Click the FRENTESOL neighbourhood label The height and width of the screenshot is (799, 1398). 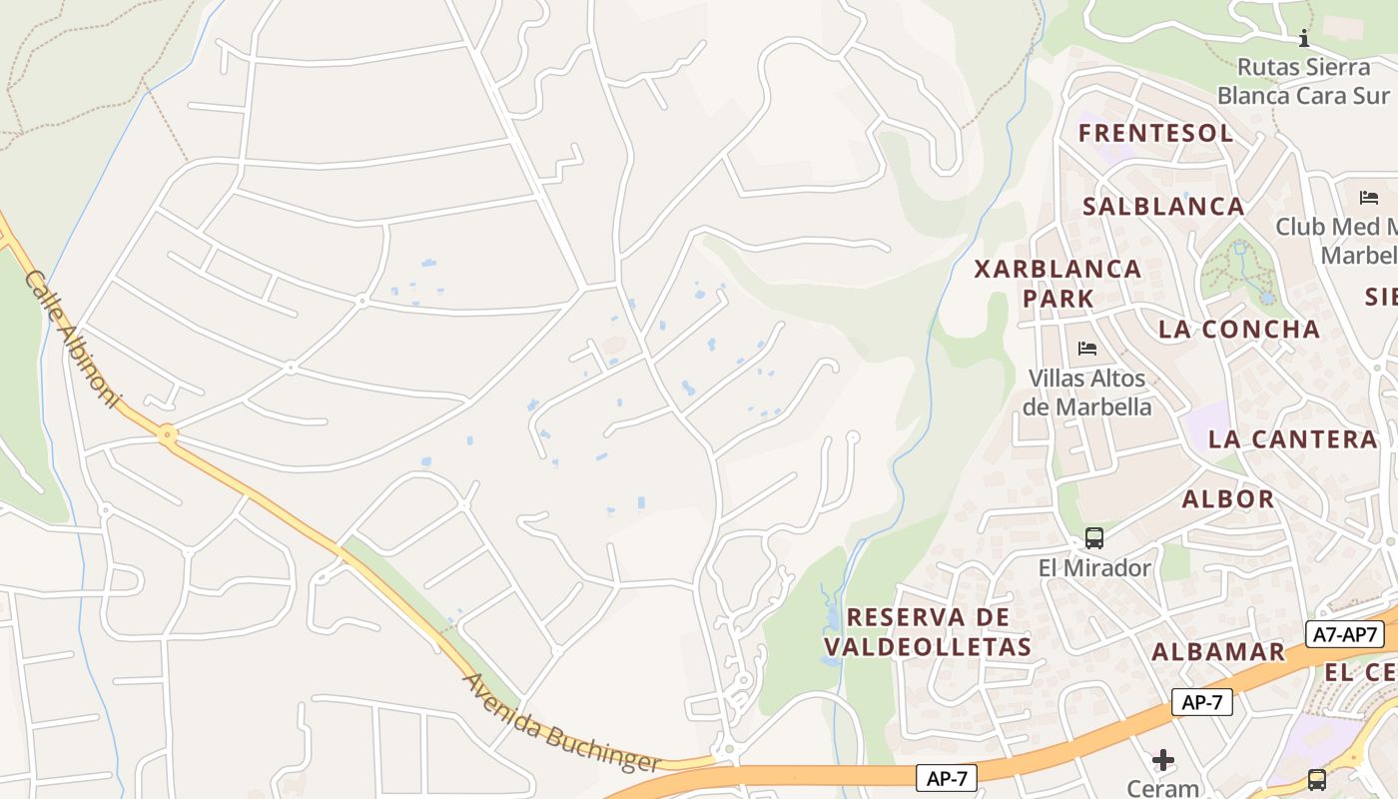pyautogui.click(x=1155, y=133)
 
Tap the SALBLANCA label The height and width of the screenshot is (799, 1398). pyautogui.click(x=1163, y=206)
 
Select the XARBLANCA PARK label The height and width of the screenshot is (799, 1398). pyautogui.click(x=1057, y=283)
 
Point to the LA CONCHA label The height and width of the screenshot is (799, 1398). pyautogui.click(x=1238, y=329)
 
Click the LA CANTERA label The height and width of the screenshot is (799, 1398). pyautogui.click(x=1292, y=438)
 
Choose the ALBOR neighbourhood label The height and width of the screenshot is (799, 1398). pyautogui.click(x=1227, y=498)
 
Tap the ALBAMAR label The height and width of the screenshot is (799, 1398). pyautogui.click(x=1218, y=651)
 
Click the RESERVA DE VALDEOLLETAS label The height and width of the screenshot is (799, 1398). pyautogui.click(x=928, y=631)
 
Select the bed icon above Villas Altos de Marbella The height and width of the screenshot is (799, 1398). pyautogui.click(x=1087, y=349)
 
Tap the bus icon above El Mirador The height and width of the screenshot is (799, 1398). pyautogui.click(x=1094, y=538)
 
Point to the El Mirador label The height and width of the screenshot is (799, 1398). pyautogui.click(x=1094, y=567)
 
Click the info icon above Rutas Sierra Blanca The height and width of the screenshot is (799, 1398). pyautogui.click(x=1303, y=39)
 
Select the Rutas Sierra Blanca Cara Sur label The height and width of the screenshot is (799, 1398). pyautogui.click(x=1303, y=81)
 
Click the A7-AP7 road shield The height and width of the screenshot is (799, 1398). pyautogui.click(x=1344, y=634)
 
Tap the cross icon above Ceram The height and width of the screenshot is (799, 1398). pyautogui.click(x=1162, y=760)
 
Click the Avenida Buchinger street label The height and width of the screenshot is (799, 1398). pyautogui.click(x=561, y=723)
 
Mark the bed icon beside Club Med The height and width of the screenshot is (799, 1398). pyautogui.click(x=1368, y=198)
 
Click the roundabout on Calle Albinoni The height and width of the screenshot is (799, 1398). pyautogui.click(x=167, y=434)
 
